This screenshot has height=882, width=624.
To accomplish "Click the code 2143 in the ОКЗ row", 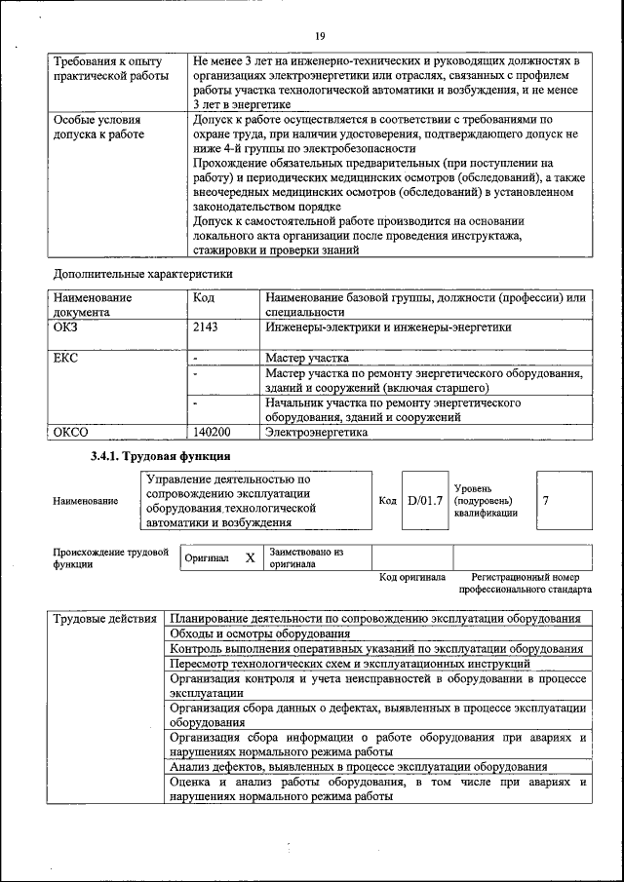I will click(206, 328).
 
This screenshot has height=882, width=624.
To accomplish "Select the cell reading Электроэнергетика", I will click(317, 431).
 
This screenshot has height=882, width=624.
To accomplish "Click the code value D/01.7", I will click(425, 500).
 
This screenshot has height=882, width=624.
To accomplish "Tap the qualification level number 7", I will click(546, 500).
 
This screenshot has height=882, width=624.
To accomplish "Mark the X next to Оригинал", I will click(250, 557).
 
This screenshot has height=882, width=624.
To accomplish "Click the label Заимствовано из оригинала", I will click(306, 557).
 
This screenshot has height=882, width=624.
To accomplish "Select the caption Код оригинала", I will click(412, 578).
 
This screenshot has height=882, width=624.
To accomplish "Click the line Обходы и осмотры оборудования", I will click(259, 633).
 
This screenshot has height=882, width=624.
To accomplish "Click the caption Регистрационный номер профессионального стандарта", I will click(525, 584).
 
